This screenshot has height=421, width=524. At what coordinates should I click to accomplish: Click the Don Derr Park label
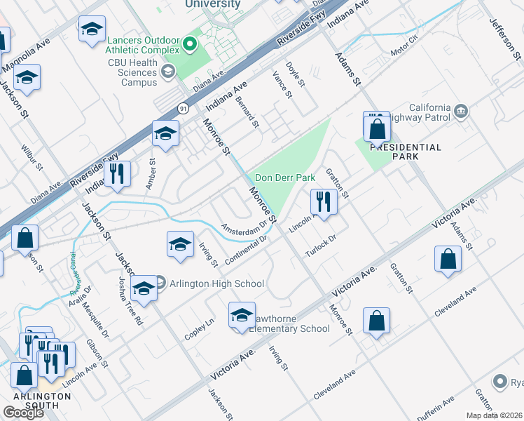pos(285,178)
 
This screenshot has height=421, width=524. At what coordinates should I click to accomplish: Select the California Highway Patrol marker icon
pos(461,110)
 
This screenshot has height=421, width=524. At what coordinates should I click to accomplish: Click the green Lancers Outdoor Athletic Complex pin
pos(188,46)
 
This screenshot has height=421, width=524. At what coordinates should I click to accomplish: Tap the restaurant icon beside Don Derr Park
pos(324,201)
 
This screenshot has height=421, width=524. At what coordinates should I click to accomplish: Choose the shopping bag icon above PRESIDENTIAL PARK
pos(377,128)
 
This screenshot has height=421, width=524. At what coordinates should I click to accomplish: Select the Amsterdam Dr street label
pos(244,227)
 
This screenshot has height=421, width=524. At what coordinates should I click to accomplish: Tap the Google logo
pos(23,412)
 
